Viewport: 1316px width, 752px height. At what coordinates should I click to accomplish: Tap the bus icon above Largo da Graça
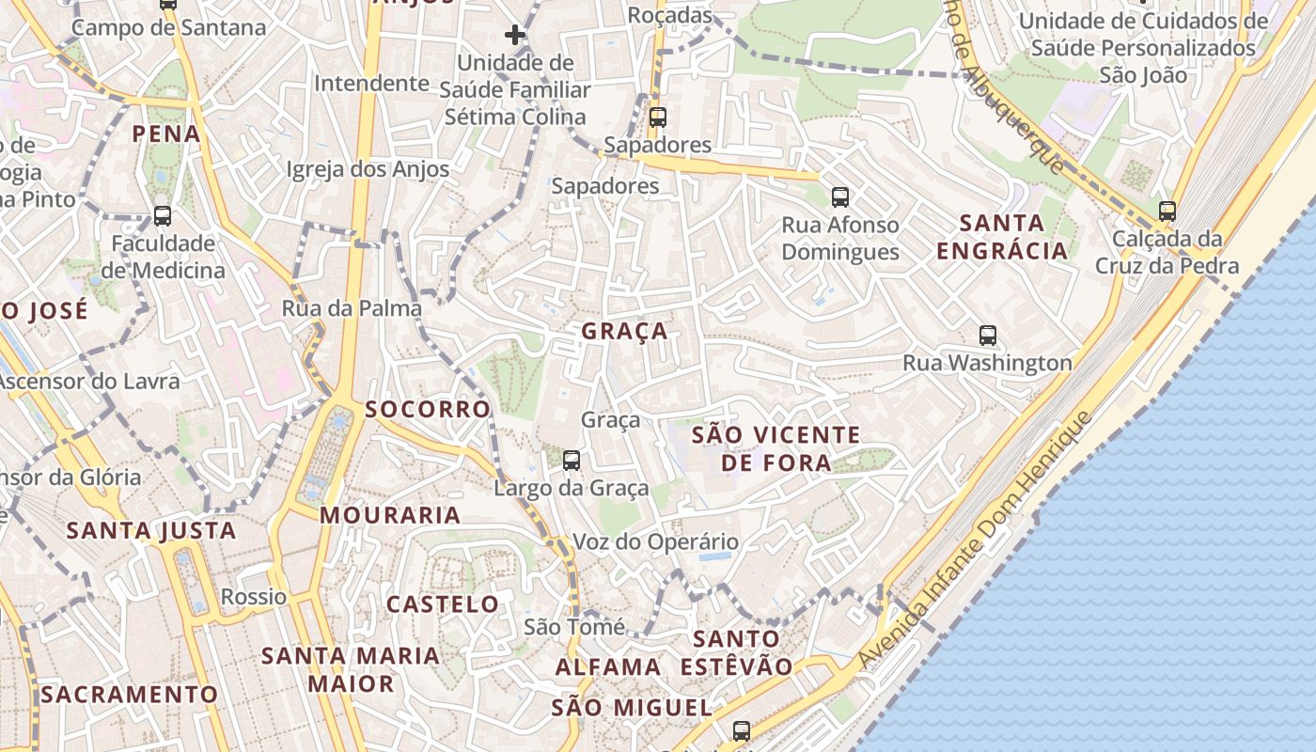click(x=571, y=461)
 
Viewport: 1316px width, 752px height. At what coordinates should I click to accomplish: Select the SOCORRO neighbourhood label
click(x=428, y=409)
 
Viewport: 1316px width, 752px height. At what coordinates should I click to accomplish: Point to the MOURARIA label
click(x=390, y=515)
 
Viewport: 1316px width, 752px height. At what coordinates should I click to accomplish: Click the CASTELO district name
click(x=443, y=603)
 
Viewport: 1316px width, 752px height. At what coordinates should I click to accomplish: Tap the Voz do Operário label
click(x=656, y=541)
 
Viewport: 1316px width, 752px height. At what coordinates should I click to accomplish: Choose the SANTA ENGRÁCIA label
click(x=1003, y=237)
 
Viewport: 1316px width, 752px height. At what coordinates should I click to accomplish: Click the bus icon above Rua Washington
click(x=987, y=336)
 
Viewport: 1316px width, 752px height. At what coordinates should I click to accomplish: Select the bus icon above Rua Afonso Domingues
click(x=839, y=197)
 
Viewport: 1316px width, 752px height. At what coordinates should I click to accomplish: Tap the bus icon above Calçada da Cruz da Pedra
click(x=1167, y=211)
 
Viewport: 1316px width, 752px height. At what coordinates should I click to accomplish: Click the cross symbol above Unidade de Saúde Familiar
click(x=514, y=36)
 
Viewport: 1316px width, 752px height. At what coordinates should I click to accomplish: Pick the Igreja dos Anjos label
click(x=368, y=169)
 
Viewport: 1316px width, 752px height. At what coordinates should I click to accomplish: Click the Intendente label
click(x=371, y=83)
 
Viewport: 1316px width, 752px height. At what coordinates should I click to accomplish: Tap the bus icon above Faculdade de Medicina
click(x=163, y=216)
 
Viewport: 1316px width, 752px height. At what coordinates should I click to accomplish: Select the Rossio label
click(x=253, y=597)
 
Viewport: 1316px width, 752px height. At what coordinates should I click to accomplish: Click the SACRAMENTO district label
click(x=129, y=695)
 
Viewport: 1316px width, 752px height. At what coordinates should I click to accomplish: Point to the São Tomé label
click(x=574, y=627)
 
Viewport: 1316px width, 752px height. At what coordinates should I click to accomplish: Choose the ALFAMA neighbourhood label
click(x=608, y=667)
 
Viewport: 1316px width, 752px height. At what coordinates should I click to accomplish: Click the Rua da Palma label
click(x=352, y=308)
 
